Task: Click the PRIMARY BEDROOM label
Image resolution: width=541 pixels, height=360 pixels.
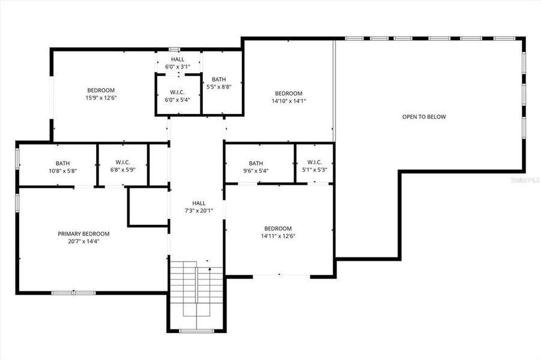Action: point(83,234)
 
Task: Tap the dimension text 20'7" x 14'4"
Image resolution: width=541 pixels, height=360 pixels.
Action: point(83,242)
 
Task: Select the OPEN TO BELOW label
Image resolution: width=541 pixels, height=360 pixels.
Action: point(424,117)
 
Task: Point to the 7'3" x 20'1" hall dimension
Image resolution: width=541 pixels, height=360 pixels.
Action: point(198,211)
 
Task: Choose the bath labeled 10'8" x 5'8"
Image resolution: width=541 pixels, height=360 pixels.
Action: point(62,167)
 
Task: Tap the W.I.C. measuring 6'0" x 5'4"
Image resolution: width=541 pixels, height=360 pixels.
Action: point(177,96)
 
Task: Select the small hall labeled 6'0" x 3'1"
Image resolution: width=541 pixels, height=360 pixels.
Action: point(178,63)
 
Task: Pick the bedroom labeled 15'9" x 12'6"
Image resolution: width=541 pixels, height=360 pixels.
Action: point(101,94)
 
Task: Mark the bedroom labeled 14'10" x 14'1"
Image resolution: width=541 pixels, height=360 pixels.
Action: point(288,97)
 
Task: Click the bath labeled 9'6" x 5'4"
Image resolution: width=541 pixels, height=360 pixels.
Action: point(256,167)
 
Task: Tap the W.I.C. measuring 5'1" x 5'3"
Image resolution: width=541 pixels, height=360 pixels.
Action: point(314,166)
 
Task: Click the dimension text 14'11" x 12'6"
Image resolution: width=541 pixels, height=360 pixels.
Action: point(278,236)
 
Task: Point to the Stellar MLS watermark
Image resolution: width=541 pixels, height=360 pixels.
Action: point(524,179)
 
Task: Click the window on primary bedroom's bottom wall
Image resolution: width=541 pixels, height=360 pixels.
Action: point(73,293)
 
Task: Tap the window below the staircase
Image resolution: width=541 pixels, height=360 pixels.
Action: point(196,331)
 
